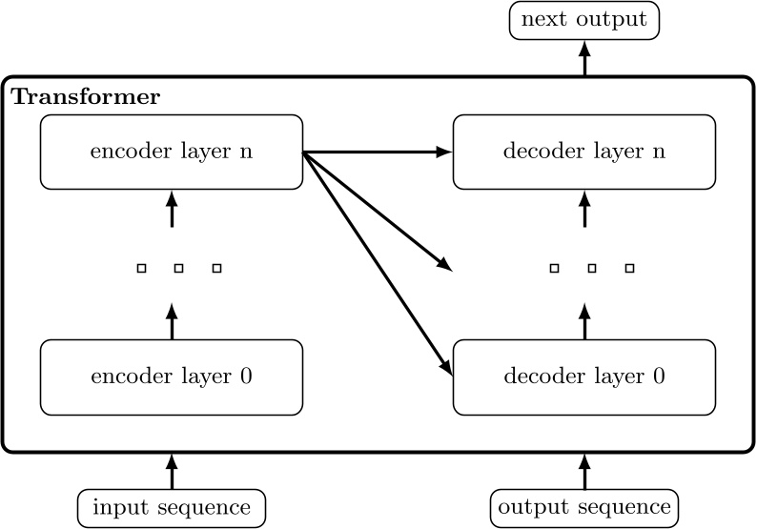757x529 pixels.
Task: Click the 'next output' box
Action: click(584, 20)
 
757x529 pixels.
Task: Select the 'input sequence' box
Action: click(172, 507)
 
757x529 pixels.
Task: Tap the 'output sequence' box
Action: click(584, 507)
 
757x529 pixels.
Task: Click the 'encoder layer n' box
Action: click(172, 152)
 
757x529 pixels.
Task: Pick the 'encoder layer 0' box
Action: click(172, 376)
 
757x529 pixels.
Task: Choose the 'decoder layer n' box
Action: click(584, 152)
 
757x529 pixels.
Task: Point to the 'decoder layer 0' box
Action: click(584, 376)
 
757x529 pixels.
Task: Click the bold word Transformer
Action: click(86, 97)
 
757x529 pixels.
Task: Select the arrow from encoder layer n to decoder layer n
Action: click(377, 152)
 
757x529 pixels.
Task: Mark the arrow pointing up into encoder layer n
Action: click(172, 209)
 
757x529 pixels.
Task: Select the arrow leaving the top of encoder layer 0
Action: click(172, 321)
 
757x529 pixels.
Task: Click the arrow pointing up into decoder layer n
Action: click(584, 209)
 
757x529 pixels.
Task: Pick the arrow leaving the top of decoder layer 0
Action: click(584, 321)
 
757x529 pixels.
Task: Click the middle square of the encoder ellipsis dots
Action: click(178, 270)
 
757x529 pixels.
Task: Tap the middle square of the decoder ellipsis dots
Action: click(591, 270)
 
